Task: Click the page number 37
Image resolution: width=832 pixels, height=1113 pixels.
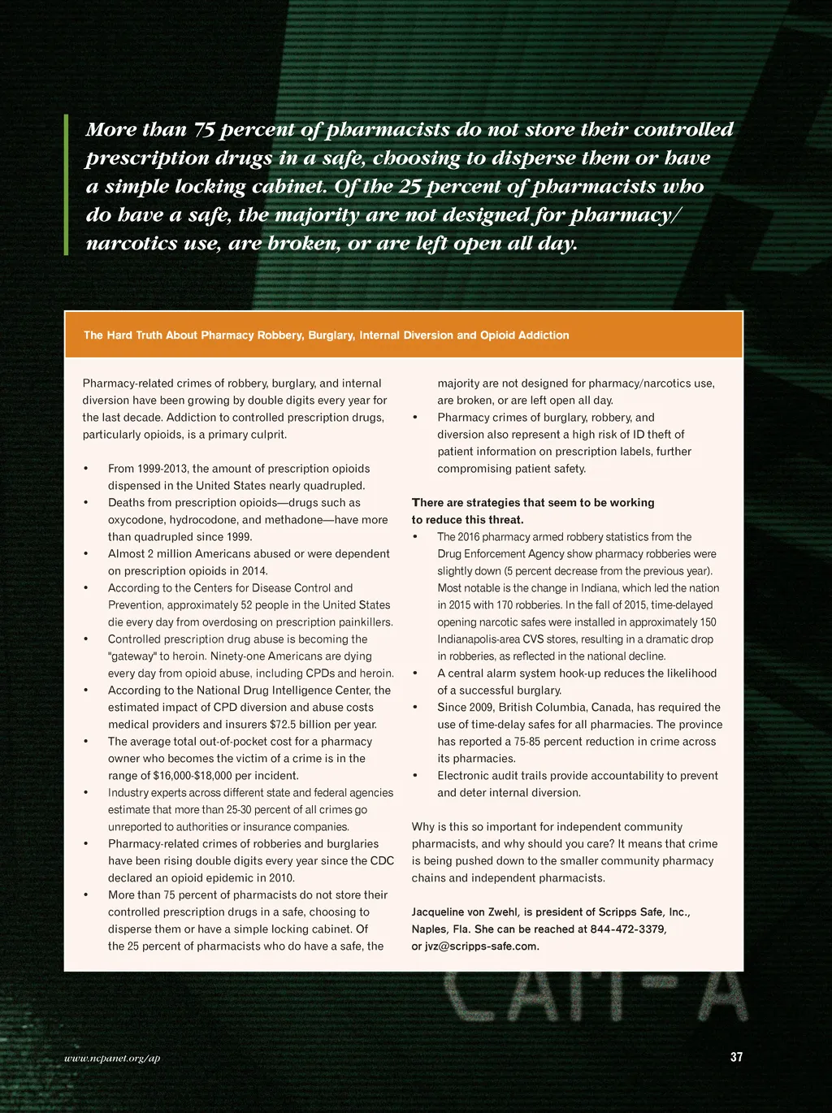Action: pos(736,1057)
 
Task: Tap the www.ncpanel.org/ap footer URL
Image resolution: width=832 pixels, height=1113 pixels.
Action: pos(112,1058)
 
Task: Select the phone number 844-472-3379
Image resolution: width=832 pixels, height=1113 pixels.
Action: pos(628,929)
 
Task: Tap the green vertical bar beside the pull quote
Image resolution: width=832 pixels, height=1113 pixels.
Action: pos(67,185)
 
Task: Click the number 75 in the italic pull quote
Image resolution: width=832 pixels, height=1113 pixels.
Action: pos(202,130)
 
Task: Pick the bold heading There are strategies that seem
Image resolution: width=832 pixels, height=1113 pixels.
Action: pos(532,503)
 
